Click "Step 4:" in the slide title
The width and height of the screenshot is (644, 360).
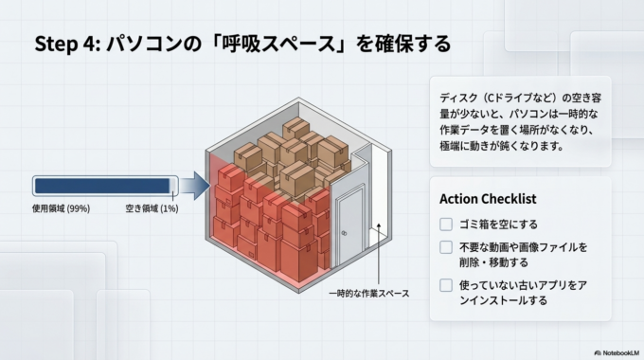coord(66,44)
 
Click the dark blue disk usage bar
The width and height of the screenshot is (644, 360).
coord(101,186)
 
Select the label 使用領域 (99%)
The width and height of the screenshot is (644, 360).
coord(61,208)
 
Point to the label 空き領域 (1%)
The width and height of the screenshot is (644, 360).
coord(152,208)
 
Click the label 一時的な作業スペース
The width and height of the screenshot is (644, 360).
coord(369,294)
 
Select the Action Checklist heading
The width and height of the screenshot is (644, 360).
coord(488,199)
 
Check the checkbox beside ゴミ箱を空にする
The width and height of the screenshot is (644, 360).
coord(446,225)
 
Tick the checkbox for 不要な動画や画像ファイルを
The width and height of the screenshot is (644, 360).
coord(446,247)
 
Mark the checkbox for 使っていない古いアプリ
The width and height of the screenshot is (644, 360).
coord(446,285)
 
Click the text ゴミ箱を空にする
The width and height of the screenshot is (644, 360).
coord(500,225)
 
